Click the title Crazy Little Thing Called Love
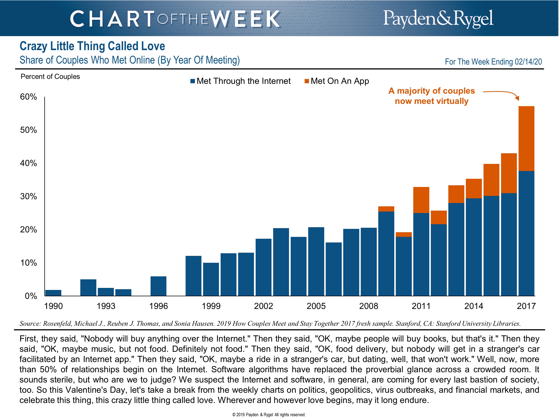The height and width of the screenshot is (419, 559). click(92, 46)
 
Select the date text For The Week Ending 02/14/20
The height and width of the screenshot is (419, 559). click(493, 62)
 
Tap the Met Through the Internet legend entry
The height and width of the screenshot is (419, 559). click(241, 81)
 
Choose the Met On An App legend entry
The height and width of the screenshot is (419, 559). click(337, 81)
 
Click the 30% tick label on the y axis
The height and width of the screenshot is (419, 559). click(29, 196)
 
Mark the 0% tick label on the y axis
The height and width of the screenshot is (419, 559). click(31, 296)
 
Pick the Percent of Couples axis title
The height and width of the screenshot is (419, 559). click(50, 77)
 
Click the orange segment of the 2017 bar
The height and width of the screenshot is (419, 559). click(526, 138)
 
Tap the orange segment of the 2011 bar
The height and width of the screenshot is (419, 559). click(421, 200)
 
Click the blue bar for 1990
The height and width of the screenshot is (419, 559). click(53, 293)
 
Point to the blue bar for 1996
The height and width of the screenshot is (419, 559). click(158, 286)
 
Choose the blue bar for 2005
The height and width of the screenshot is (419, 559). click(316, 261)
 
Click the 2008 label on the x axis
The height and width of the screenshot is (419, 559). click(369, 306)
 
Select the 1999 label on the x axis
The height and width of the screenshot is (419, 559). click(211, 306)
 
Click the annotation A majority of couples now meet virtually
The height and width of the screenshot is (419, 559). click(432, 96)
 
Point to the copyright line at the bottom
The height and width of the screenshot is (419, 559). click(269, 415)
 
